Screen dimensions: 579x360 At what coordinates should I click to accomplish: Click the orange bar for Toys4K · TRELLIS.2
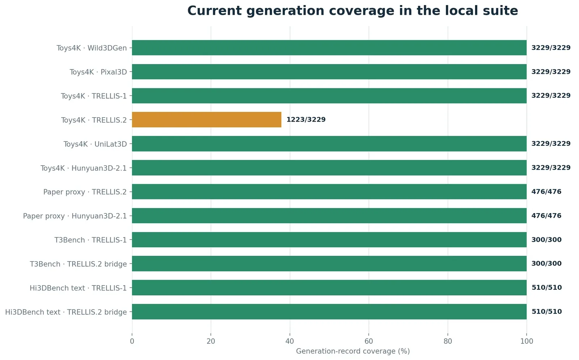click(x=207, y=120)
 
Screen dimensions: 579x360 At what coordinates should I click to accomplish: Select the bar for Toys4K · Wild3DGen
click(x=329, y=48)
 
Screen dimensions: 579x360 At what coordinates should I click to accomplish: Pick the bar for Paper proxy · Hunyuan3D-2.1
click(x=329, y=216)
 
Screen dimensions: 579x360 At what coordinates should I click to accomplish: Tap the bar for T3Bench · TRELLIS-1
click(x=329, y=240)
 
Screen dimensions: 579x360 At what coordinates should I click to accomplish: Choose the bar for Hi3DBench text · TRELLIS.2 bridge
click(x=329, y=312)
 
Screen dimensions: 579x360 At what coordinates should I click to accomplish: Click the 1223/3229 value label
click(x=306, y=120)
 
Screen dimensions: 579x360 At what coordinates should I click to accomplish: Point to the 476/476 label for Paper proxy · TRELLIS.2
click(x=546, y=192)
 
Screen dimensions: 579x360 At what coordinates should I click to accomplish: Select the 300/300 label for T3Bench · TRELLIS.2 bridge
click(x=546, y=264)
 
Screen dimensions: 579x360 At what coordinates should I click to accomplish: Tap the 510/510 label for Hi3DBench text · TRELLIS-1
click(x=547, y=288)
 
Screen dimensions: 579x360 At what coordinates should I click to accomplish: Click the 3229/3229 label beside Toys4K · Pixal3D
click(x=551, y=72)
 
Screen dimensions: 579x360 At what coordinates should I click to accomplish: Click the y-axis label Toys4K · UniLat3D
click(x=95, y=144)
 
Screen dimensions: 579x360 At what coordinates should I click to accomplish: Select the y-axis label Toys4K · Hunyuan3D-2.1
click(x=84, y=168)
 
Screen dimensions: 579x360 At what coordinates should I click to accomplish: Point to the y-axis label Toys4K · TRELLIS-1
click(x=94, y=96)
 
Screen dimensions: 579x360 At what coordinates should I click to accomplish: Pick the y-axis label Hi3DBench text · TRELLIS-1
click(x=78, y=288)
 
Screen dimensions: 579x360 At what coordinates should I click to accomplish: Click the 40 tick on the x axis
click(x=290, y=342)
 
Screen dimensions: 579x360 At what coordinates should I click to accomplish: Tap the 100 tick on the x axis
click(x=527, y=342)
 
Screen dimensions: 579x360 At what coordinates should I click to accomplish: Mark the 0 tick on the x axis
click(x=132, y=342)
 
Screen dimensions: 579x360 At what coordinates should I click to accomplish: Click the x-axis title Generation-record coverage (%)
click(x=353, y=351)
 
